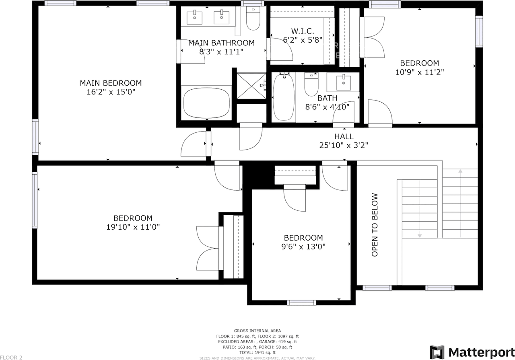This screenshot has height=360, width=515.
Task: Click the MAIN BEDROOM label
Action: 111,83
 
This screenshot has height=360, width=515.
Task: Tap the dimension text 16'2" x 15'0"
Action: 111,92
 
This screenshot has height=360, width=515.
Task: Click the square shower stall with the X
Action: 251,85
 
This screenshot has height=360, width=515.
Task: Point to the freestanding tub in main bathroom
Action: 207,103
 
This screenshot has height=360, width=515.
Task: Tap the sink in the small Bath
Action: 343,82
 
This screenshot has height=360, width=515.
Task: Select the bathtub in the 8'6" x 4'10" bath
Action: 284,97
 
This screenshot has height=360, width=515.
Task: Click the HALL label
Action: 344,137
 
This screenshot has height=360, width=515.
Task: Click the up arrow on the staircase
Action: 460,172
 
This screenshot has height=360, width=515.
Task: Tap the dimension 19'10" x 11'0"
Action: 133,227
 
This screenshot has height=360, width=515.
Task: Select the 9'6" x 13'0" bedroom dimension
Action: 303,246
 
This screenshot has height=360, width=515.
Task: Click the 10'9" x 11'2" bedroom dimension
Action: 419,72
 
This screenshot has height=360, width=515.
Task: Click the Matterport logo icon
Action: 437,352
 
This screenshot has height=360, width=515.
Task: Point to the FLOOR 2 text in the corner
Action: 11,357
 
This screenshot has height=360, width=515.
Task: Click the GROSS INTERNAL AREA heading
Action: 257,331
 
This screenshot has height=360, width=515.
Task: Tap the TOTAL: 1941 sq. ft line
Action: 257,352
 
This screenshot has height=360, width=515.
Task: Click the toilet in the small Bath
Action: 311,84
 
